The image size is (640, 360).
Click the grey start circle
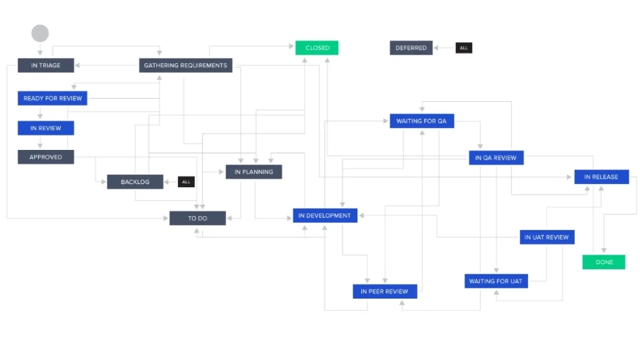(40, 33)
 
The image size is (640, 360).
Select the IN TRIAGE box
(45, 65)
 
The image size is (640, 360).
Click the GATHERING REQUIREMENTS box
(186, 65)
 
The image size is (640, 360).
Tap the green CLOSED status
(317, 48)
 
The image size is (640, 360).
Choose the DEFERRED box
(411, 48)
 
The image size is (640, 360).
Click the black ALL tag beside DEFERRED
(464, 48)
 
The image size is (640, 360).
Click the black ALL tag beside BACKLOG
(186, 181)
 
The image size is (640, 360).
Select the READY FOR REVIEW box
(53, 99)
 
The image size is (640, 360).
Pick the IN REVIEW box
(45, 128)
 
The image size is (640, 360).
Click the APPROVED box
(45, 157)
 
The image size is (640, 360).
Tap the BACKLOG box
(135, 182)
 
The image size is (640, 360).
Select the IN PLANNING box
(253, 172)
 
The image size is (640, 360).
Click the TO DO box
(197, 218)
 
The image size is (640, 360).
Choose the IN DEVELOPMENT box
(325, 216)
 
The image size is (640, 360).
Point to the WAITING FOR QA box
(421, 121)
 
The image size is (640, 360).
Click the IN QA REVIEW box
(495, 158)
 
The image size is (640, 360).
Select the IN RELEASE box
(601, 177)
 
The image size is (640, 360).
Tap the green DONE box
(604, 262)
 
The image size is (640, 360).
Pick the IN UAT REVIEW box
(547, 237)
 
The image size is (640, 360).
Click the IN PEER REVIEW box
(385, 291)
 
